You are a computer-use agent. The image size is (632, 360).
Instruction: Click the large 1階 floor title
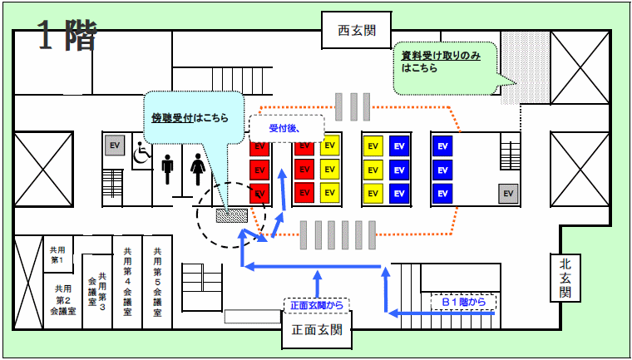(x=67, y=36)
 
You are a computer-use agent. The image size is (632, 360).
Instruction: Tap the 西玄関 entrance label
(x=357, y=32)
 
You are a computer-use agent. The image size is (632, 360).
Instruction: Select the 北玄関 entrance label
(x=565, y=277)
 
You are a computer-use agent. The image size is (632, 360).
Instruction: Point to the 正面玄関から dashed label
(x=316, y=304)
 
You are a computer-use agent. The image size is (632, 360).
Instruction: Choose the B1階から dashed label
(x=463, y=301)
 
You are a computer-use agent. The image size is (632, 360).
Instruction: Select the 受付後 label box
(x=284, y=128)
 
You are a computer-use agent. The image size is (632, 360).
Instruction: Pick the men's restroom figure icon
(x=169, y=170)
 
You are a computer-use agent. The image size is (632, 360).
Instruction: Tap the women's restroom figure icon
(x=198, y=170)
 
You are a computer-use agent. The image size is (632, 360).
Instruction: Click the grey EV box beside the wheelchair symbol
(x=115, y=145)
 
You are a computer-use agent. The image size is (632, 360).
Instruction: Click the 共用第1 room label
(x=58, y=254)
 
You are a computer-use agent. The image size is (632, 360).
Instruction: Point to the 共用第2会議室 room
(x=62, y=300)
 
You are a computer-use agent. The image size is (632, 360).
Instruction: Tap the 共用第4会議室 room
(x=126, y=283)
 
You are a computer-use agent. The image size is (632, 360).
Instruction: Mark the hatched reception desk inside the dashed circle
(x=228, y=215)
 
